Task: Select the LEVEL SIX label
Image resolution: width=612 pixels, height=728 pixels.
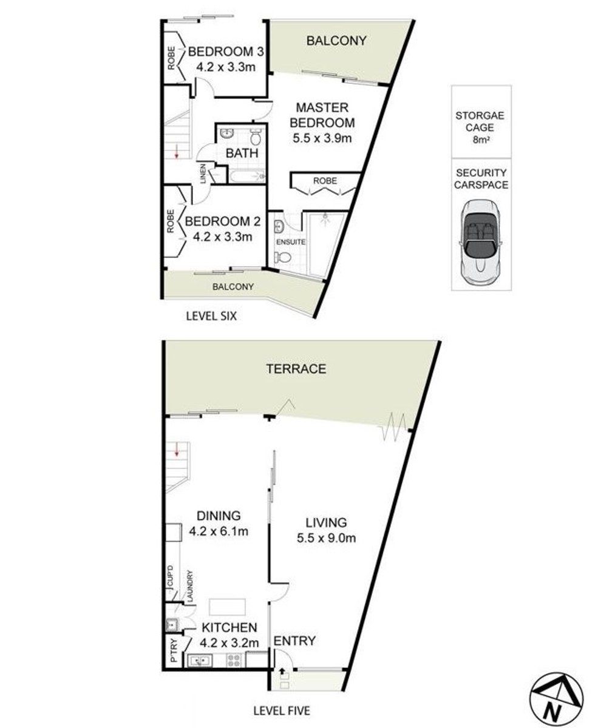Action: [211, 316]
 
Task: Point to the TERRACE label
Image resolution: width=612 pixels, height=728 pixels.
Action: [296, 369]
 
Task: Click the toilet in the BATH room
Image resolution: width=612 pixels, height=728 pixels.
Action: [256, 137]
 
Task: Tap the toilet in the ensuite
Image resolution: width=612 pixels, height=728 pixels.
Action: [283, 258]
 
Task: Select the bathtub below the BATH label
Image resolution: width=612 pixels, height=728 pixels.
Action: [248, 175]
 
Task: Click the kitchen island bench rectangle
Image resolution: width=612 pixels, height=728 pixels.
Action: [227, 607]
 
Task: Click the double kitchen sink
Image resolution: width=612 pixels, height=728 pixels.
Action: [200, 660]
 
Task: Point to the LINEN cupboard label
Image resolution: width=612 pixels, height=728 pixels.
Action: [203, 174]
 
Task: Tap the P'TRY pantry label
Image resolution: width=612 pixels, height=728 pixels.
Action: [174, 650]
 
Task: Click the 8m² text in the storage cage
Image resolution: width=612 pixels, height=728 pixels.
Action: [480, 140]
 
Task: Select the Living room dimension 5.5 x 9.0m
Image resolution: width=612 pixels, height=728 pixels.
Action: [327, 538]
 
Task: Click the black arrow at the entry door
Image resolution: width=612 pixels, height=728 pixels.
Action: [282, 670]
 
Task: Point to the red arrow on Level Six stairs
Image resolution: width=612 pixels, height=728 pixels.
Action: [177, 152]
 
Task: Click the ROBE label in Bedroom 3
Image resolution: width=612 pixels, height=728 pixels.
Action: [171, 58]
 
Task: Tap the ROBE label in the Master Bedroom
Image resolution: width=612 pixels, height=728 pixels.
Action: [325, 181]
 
